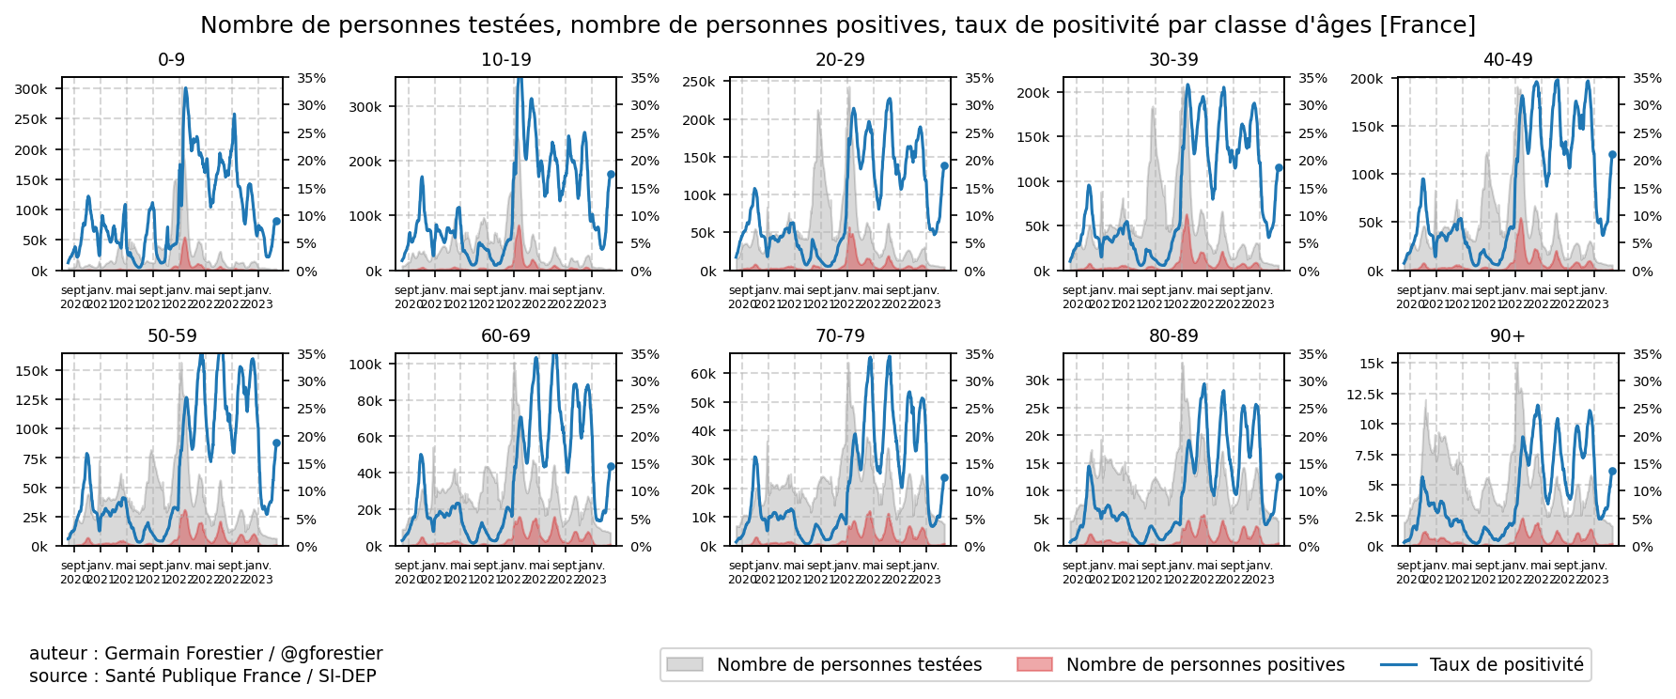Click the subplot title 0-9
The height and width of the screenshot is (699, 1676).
pos(171,60)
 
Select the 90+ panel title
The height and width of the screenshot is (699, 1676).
pos(1507,336)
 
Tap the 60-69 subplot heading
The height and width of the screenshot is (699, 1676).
pos(505,336)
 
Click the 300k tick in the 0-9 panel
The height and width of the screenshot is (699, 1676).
pos(31,89)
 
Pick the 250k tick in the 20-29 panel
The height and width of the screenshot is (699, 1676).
pos(699,83)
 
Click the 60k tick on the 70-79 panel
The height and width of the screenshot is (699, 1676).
pos(703,374)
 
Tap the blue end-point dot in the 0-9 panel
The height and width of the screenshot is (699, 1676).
pos(276,222)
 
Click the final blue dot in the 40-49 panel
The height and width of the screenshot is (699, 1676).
pos(1612,155)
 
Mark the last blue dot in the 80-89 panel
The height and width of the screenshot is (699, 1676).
pos(1279,477)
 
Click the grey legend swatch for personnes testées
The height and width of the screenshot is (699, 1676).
pos(684,665)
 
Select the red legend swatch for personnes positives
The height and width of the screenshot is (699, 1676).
pos(1034,665)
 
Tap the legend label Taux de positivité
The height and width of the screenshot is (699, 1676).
pos(1506,665)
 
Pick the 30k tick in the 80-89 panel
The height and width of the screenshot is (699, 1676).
pos(1037,381)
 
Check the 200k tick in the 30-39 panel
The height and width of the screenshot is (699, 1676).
pos(1033,93)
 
